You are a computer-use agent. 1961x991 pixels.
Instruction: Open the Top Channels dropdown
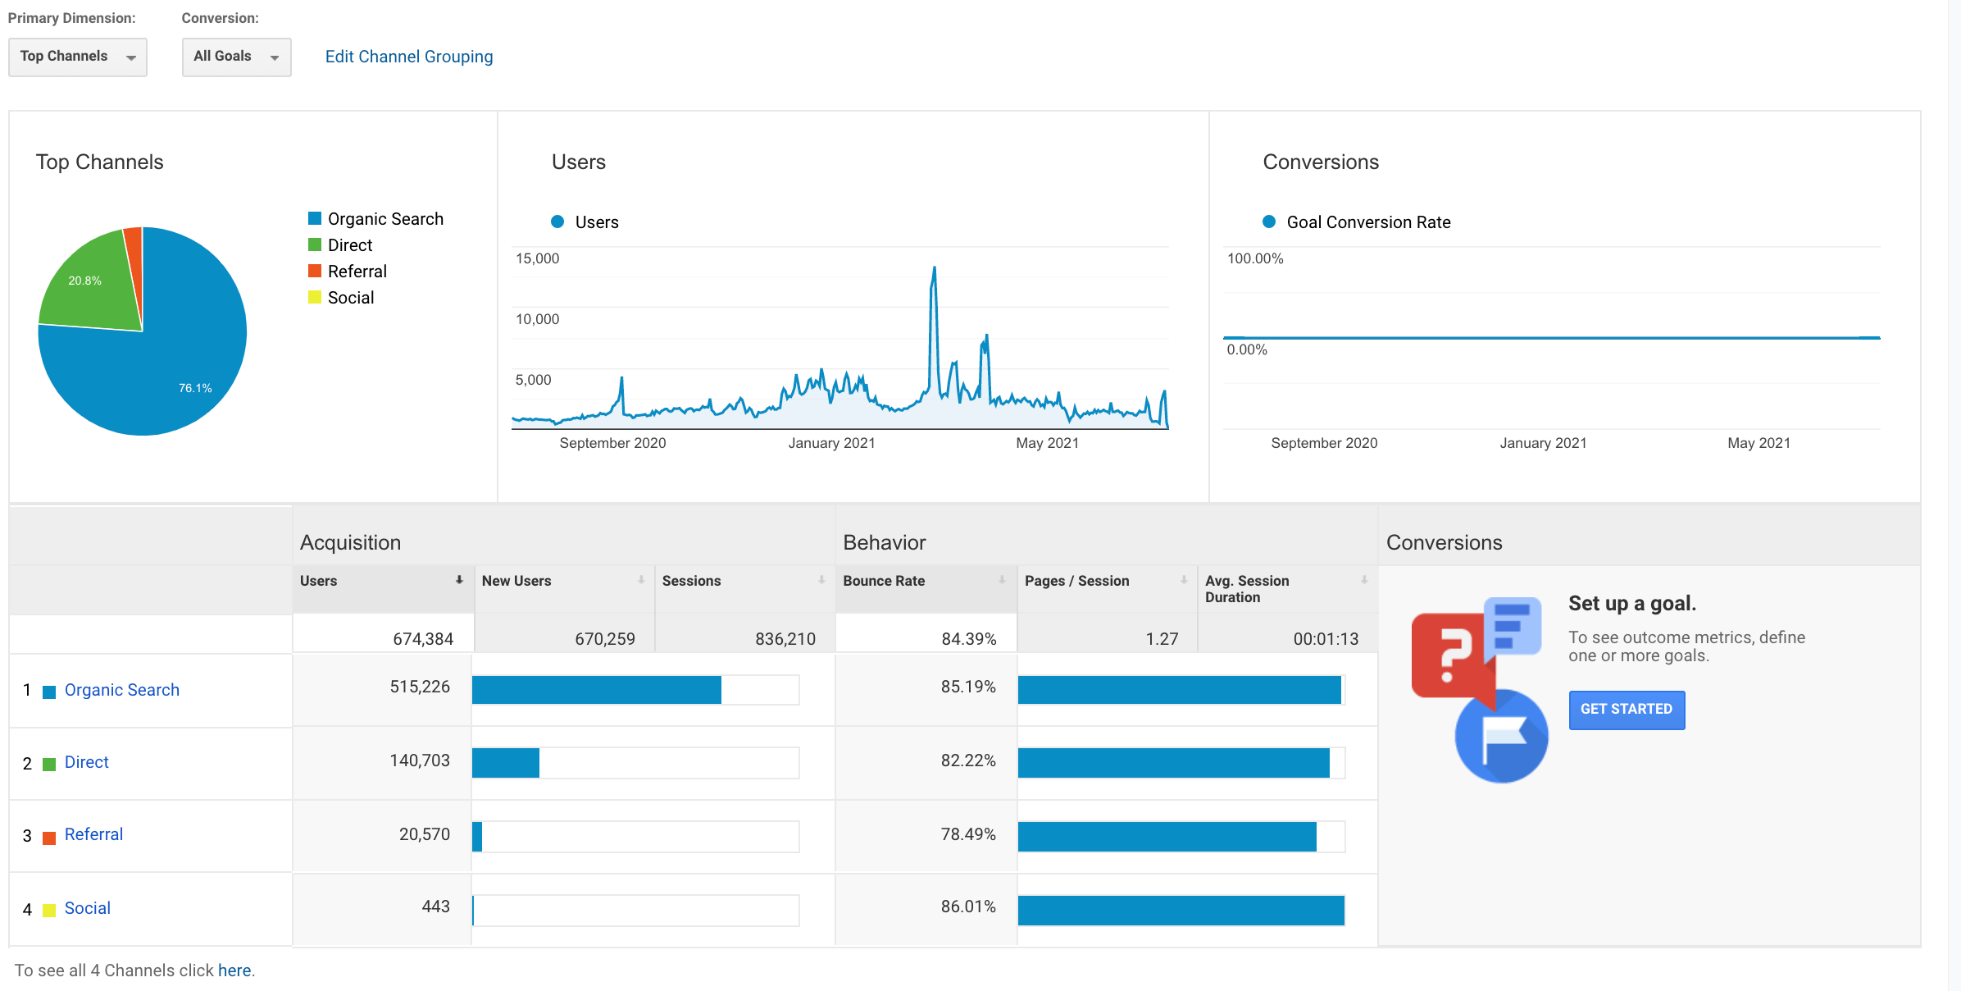[78, 57]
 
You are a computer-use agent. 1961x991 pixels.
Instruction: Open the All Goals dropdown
[236, 57]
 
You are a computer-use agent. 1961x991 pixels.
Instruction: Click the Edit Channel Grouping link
[409, 57]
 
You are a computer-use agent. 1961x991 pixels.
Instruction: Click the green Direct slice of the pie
[90, 283]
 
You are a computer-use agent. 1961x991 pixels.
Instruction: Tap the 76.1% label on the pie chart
[195, 388]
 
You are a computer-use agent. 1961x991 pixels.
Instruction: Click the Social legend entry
[341, 298]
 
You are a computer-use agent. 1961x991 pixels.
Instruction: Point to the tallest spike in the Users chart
[934, 267]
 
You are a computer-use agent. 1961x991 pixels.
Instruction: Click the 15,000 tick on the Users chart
[537, 258]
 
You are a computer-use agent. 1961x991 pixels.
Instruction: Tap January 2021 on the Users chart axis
[831, 443]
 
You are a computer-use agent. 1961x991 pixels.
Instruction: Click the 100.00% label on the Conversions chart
[1255, 258]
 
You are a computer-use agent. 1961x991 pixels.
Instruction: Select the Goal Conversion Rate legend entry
[1357, 222]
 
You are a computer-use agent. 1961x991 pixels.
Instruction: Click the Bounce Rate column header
[884, 581]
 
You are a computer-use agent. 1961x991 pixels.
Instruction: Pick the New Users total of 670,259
[605, 639]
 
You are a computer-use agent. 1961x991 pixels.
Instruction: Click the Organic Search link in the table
[122, 690]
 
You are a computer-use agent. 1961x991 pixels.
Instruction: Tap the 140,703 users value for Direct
[420, 760]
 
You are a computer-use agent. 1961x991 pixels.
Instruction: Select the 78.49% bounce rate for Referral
[968, 834]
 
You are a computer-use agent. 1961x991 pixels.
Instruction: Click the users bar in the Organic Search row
[597, 690]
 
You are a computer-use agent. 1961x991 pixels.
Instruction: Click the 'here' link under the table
[234, 970]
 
